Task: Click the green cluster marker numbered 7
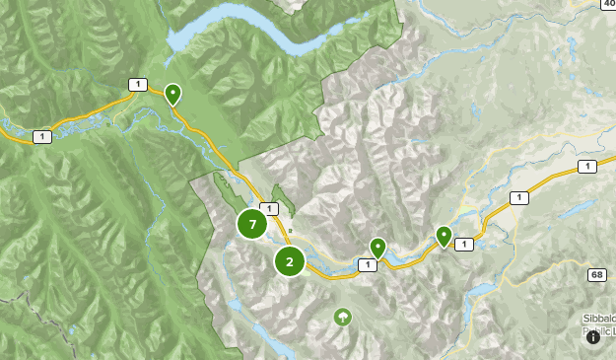point(253,224)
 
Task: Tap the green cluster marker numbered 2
point(289,261)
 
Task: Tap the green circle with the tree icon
point(342,317)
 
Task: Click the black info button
point(593,336)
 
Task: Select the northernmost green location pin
point(172,94)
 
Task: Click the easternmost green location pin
point(444,236)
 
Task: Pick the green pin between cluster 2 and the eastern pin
point(377,247)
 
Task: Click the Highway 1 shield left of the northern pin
point(137,85)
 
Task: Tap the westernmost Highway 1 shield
point(40,136)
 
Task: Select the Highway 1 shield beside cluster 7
point(269,209)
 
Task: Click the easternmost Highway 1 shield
point(588,167)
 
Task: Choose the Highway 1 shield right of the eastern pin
point(464,244)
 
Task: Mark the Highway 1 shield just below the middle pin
point(368,264)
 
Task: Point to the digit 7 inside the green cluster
point(253,224)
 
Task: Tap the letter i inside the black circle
point(593,336)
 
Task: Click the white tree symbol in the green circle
point(342,317)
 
